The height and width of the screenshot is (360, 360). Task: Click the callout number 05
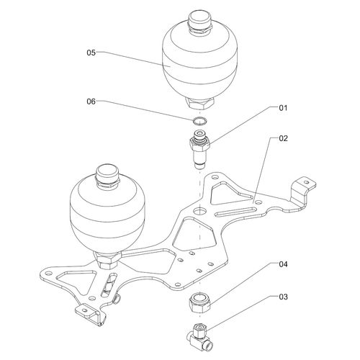(x=91, y=53)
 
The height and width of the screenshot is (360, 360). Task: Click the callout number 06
(x=91, y=102)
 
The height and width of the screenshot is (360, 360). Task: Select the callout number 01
(x=283, y=108)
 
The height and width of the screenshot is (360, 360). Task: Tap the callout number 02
(x=283, y=138)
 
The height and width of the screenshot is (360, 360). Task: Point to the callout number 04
(x=283, y=264)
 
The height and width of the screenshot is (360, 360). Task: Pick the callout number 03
(x=283, y=297)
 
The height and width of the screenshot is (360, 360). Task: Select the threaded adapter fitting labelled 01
(x=199, y=149)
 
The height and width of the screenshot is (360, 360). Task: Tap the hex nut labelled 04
(x=200, y=304)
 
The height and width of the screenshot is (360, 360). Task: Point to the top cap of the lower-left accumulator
(x=108, y=176)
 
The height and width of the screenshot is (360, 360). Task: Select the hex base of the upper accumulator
(x=199, y=102)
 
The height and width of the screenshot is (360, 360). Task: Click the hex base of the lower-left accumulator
(x=107, y=260)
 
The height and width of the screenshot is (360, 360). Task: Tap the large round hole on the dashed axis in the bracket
(x=199, y=211)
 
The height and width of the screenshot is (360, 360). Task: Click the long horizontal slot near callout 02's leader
(x=235, y=212)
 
